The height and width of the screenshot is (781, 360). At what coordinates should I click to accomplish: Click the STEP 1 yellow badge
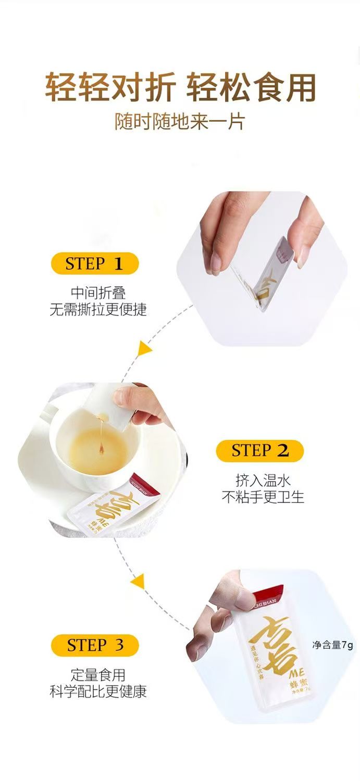[94, 263]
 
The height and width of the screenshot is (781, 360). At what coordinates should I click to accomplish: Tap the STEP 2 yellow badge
[259, 450]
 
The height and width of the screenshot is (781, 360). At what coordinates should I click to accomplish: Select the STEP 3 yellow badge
[95, 645]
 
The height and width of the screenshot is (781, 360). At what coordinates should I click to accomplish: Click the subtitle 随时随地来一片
[180, 121]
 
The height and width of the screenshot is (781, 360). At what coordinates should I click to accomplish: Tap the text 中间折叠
[98, 293]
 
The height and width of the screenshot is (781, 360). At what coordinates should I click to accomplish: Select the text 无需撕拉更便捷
[98, 309]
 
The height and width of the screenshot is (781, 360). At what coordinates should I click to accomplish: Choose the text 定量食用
[98, 675]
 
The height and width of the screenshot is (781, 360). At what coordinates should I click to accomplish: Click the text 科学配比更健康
[98, 691]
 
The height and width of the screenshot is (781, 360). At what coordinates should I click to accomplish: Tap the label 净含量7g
[332, 645]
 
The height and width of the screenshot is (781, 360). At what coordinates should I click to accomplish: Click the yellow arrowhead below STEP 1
[143, 348]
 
